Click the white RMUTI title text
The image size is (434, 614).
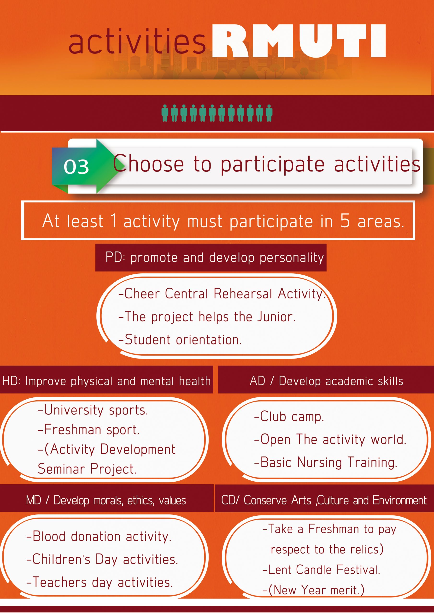299,41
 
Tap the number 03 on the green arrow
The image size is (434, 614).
76,167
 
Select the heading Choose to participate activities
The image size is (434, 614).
267,164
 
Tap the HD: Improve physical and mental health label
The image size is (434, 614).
106,381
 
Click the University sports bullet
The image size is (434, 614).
93,410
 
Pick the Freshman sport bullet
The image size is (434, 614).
88,430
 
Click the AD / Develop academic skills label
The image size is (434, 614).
326,381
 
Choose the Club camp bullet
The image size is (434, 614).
289,417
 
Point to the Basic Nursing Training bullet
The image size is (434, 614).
326,462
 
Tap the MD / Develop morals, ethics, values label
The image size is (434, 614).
106,500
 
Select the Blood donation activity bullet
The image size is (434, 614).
99,536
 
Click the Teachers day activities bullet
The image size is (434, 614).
100,582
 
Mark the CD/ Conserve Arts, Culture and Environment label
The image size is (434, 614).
324,500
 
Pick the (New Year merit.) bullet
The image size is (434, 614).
313,590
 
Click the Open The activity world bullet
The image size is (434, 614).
330,439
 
